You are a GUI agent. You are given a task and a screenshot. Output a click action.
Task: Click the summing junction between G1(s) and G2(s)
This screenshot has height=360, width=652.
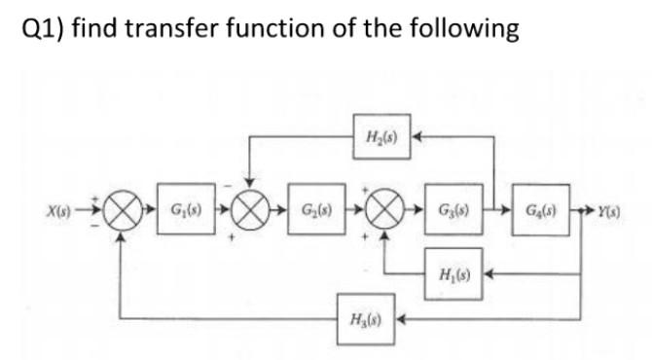coord(251,210)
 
